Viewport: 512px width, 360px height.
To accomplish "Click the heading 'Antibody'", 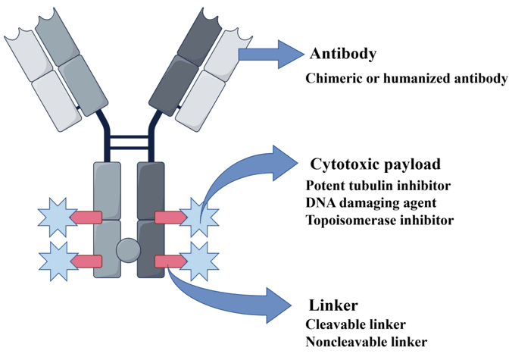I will click(x=343, y=55).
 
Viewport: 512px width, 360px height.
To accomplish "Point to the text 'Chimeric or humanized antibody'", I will click(x=407, y=79).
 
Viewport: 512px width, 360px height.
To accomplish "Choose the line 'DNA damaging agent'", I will click(x=370, y=203).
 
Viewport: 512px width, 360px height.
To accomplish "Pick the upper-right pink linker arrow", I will click(x=170, y=218).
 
